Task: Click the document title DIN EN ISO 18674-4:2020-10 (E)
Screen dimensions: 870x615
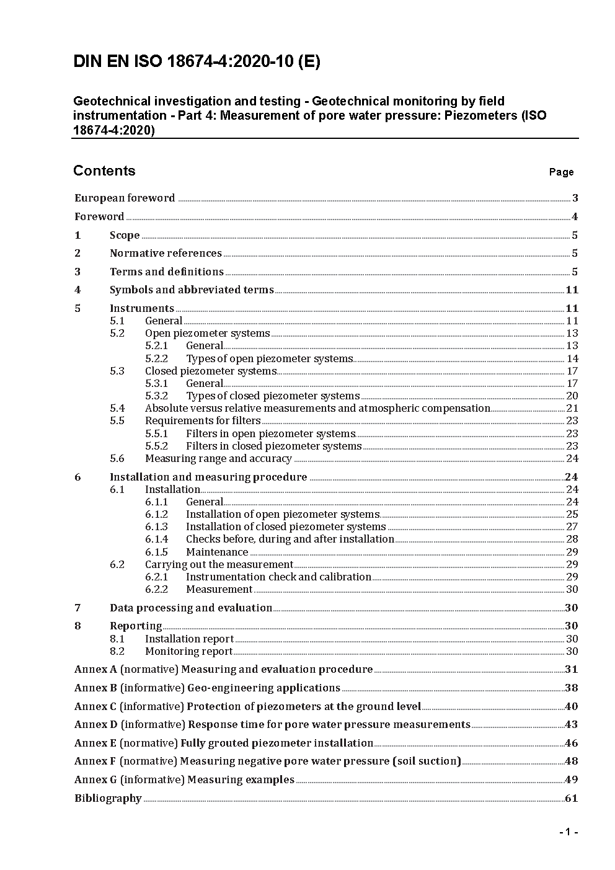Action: point(197,61)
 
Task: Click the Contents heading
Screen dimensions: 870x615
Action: point(104,171)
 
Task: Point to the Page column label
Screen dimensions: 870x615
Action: point(561,172)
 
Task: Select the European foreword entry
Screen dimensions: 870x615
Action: point(125,198)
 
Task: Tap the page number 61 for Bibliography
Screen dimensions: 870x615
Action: point(571,799)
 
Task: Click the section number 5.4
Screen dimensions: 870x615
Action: point(117,409)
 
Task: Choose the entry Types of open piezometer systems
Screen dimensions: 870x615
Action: point(269,359)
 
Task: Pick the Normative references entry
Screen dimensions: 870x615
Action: point(166,254)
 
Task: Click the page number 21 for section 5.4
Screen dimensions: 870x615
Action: point(572,409)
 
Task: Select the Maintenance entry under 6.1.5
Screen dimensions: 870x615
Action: point(217,553)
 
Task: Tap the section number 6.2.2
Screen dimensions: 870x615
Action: point(156,590)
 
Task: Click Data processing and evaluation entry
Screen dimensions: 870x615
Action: point(191,608)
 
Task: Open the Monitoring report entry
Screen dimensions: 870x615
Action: point(188,652)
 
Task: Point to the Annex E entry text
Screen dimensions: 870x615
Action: point(224,743)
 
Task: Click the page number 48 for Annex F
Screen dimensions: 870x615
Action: point(571,761)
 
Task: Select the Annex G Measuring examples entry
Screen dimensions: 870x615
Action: point(184,780)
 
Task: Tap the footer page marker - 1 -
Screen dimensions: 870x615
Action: point(568,832)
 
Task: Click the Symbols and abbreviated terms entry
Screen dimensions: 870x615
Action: point(192,290)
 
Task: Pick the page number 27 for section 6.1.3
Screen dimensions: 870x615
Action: point(572,527)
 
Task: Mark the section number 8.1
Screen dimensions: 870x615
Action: point(117,639)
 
